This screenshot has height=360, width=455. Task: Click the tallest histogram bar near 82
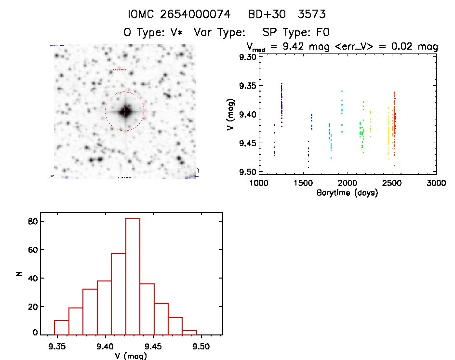coord(133,276)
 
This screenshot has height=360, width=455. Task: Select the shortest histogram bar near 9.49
coord(190,332)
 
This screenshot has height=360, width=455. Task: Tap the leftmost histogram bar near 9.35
coord(61,327)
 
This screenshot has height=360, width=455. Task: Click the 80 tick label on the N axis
coord(33,222)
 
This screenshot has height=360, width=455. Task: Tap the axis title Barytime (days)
coord(347,193)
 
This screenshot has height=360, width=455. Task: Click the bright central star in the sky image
coord(124,111)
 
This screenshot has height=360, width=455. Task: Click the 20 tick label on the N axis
coord(33,307)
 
